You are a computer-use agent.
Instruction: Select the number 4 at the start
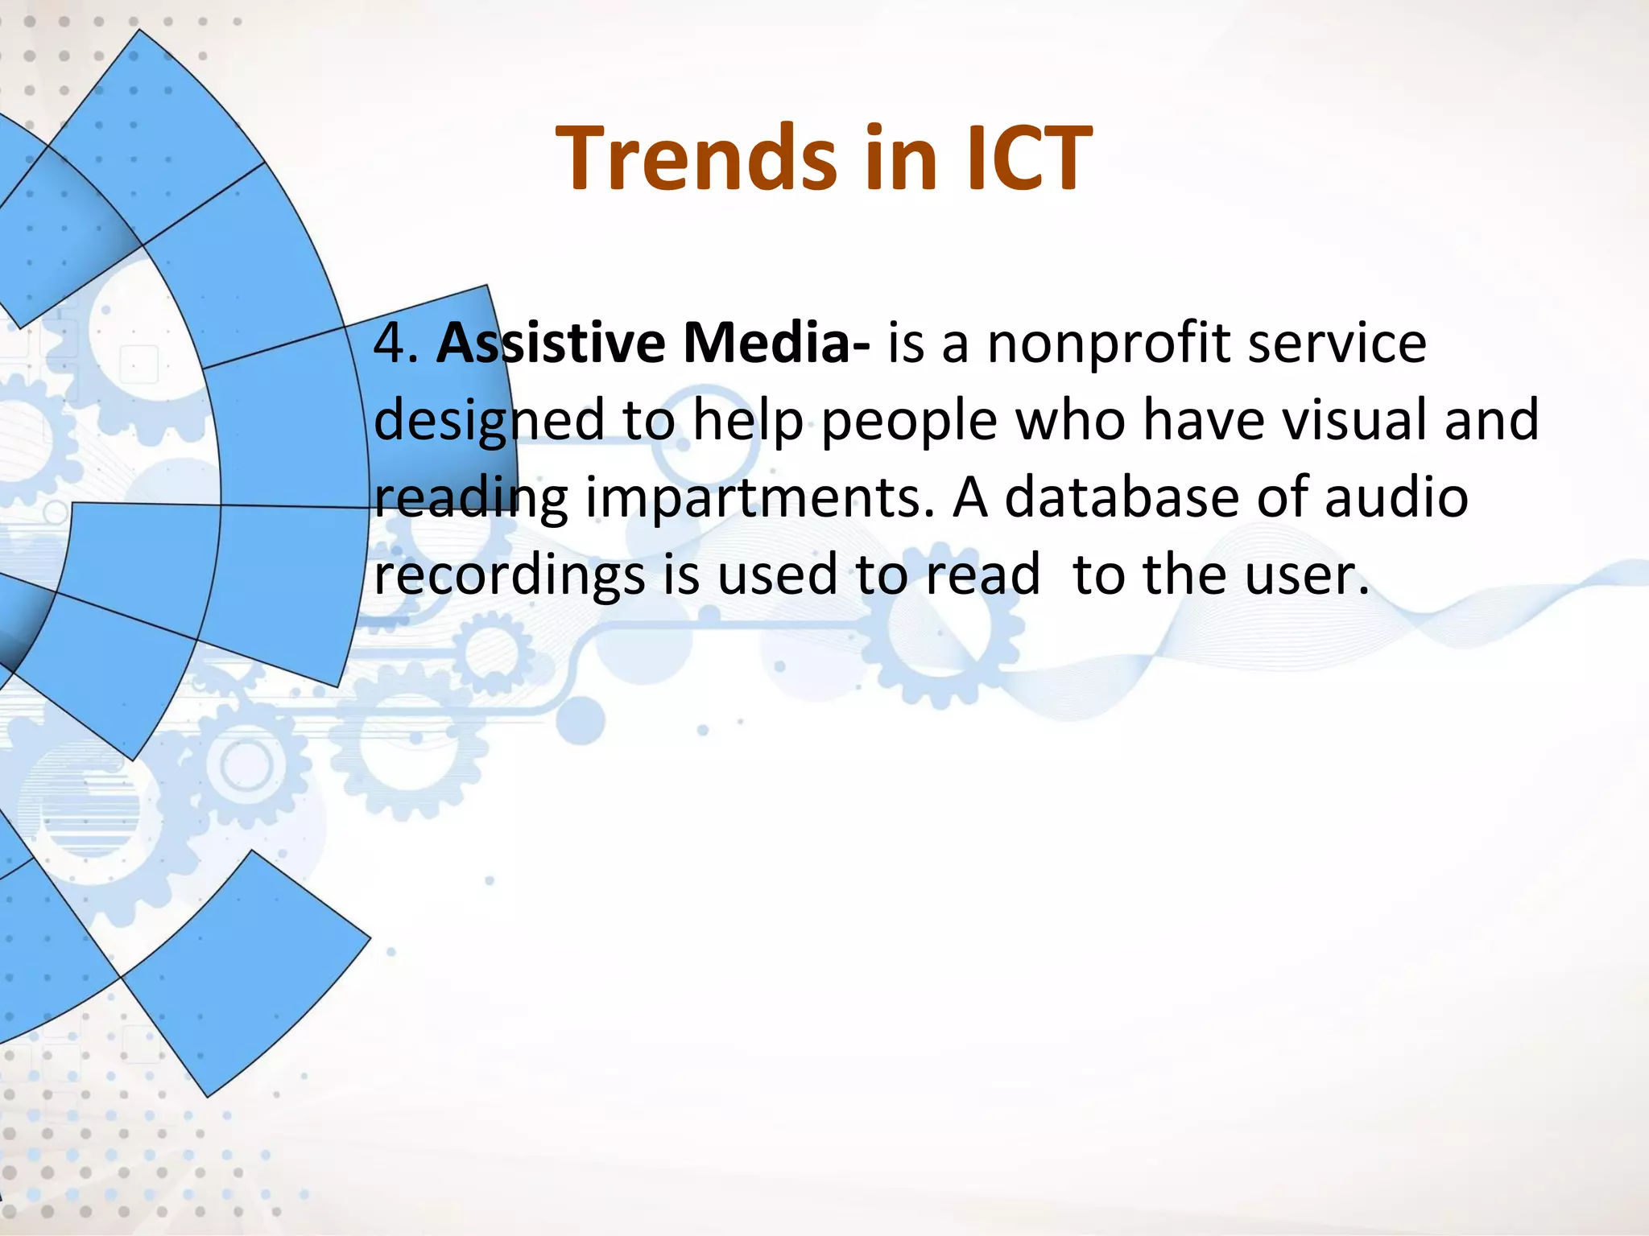point(391,344)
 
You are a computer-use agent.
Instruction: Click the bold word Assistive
point(551,344)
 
